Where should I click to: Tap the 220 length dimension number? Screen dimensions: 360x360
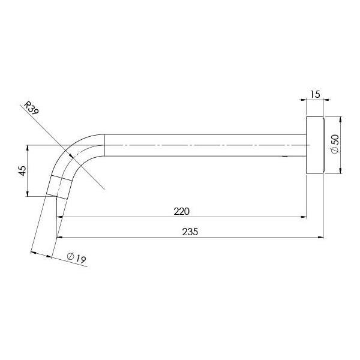click(x=182, y=211)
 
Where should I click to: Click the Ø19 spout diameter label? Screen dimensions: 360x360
click(x=77, y=258)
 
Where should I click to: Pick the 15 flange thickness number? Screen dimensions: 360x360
click(x=315, y=94)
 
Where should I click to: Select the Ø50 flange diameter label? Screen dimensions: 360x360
click(x=335, y=146)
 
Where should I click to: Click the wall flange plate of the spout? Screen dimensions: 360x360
click(x=315, y=145)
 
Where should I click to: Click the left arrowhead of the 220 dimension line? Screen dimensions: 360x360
click(x=60, y=217)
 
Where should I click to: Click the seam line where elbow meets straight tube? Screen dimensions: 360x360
click(x=105, y=145)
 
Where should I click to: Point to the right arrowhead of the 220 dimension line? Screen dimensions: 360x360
click(x=304, y=217)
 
